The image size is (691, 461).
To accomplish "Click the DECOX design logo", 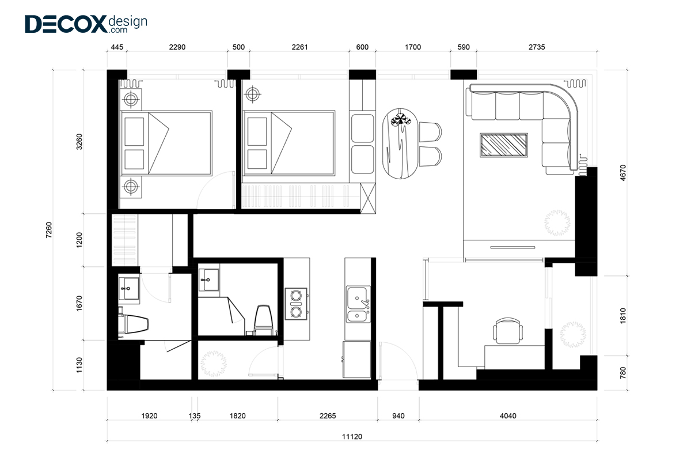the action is click(86, 24).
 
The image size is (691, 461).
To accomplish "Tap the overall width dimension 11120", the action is click(352, 437).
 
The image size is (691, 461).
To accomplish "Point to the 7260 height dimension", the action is click(49, 230).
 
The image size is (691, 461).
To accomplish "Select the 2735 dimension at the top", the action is click(537, 47).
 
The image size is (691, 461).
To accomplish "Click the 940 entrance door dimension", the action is click(398, 416).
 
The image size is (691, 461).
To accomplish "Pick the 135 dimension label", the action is click(195, 416).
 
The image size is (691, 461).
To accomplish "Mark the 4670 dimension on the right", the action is click(623, 173).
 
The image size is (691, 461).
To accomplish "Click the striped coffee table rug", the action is click(504, 145).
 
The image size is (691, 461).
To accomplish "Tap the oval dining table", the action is click(400, 143).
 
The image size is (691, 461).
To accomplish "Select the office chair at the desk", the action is click(508, 331).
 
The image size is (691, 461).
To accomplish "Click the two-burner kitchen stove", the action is click(296, 304).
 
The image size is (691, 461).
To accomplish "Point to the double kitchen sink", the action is click(358, 304).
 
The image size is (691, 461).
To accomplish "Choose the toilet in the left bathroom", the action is click(133, 324).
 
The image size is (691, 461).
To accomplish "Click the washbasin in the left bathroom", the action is click(128, 288).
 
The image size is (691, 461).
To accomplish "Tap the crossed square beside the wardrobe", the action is click(368, 198).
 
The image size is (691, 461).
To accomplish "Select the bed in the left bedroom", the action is click(166, 143).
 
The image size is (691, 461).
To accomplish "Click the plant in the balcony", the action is click(573, 335).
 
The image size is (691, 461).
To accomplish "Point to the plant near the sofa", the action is click(557, 222).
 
